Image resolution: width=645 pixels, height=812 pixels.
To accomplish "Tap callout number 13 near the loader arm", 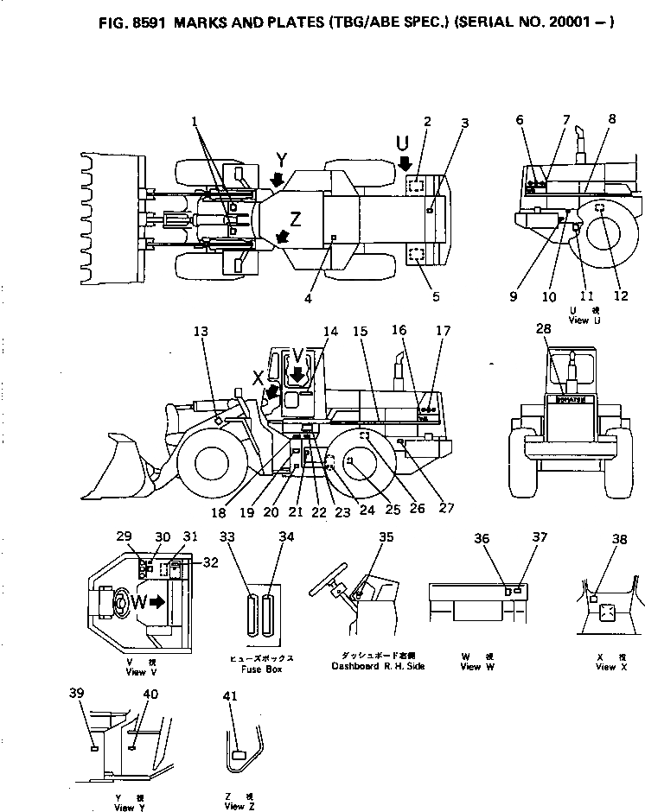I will [201, 331].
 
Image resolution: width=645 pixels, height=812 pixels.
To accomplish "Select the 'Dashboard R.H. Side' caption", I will [378, 666].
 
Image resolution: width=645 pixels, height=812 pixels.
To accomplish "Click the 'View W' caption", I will [471, 667].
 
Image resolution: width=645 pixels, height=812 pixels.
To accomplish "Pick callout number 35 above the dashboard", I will [386, 536].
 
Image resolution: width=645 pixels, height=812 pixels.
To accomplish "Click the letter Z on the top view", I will [297, 219].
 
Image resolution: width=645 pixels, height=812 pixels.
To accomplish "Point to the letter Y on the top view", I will [280, 159].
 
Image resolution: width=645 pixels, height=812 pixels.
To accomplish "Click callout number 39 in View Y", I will [77, 694].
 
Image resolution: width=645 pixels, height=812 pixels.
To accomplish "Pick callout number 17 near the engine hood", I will [443, 331].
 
